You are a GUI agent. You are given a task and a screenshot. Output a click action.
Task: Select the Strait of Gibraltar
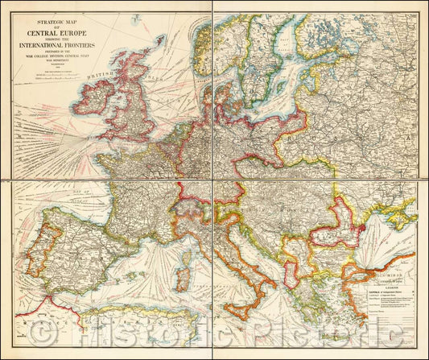(x=50, y=299)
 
